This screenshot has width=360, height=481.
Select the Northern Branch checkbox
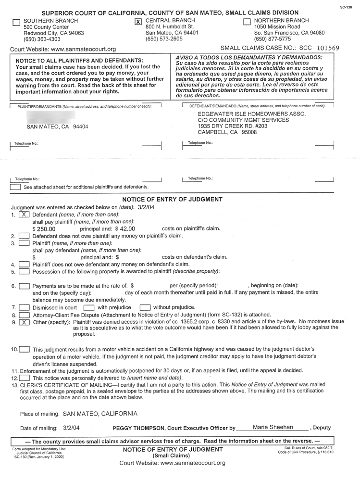coord(247,22)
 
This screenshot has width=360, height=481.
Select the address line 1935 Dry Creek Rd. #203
coord(232,126)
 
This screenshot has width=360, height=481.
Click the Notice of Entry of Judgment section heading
coord(173,199)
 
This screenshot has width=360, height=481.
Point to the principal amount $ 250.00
coord(44,229)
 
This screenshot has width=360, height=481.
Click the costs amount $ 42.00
coord(125,229)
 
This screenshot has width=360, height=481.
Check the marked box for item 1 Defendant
coord(25,215)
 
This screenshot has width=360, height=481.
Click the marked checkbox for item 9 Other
coord(25,322)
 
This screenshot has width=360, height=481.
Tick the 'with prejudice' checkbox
coord(88,307)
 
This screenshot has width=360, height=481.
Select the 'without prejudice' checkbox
coord(145,307)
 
